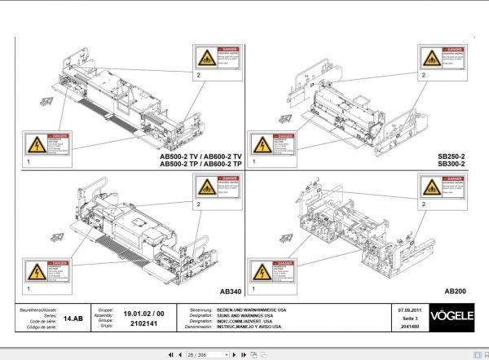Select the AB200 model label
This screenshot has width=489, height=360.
pos(456,291)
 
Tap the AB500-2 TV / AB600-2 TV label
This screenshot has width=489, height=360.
pos(196,156)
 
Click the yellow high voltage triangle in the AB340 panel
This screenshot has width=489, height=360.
pos(36,272)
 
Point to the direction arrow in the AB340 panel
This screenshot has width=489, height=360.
pos(57,237)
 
